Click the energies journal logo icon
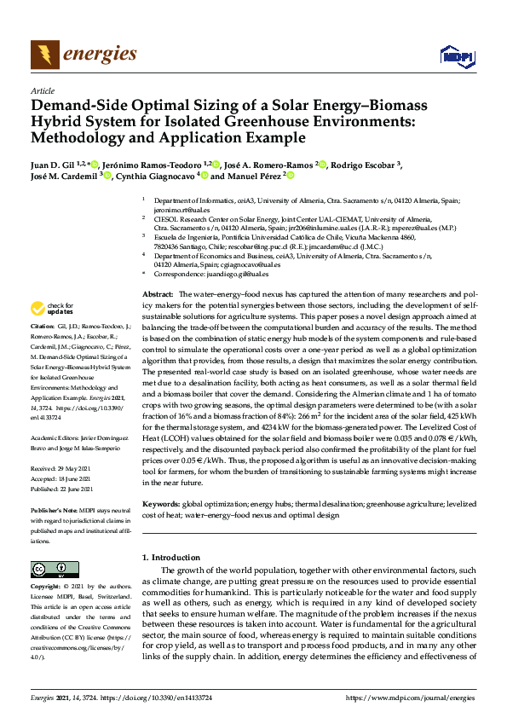pyautogui.click(x=45, y=55)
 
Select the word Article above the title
pyautogui.click(x=42, y=90)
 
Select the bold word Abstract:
pyautogui.click(x=158, y=293)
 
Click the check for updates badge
pyautogui.click(x=51, y=308)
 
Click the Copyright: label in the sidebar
pyautogui.click(x=45, y=588)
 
